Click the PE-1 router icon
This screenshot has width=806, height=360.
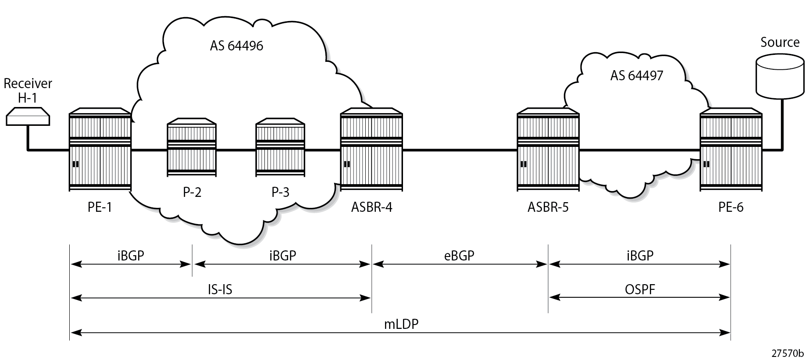(100, 150)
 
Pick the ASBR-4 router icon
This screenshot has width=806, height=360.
(371, 150)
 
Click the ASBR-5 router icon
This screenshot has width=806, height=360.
(548, 150)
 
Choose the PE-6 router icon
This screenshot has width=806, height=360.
(731, 150)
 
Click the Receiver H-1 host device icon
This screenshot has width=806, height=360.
(28, 116)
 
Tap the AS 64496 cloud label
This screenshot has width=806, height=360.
(236, 46)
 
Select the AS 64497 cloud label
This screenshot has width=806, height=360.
(637, 75)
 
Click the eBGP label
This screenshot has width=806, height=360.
(459, 255)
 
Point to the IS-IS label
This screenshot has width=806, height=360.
(220, 289)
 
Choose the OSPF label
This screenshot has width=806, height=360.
(640, 289)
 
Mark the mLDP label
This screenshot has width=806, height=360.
(401, 324)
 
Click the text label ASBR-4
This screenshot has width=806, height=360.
(371, 207)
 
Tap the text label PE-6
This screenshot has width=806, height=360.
(731, 207)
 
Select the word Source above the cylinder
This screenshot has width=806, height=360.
(780, 43)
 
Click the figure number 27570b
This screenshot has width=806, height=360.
(788, 353)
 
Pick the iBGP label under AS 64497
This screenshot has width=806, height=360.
(640, 255)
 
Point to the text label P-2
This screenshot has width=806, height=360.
(192, 192)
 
